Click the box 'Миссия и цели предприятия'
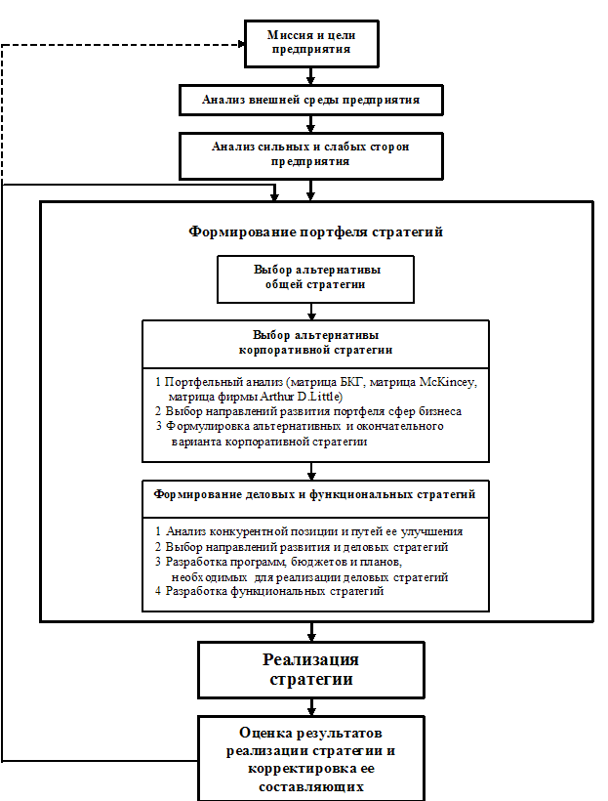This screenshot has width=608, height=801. click(310, 43)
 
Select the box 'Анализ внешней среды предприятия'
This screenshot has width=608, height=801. click(310, 100)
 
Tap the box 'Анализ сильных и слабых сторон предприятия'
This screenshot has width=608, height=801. click(310, 155)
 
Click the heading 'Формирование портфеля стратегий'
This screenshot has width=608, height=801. click(315, 232)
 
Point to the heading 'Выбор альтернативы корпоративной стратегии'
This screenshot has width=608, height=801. click(315, 342)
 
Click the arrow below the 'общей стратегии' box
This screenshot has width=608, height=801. click(311, 312)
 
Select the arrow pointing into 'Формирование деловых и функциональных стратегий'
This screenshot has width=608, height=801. click(311, 471)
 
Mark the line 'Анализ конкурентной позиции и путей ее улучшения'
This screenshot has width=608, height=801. click(313, 531)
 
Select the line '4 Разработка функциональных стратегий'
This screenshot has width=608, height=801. click(276, 591)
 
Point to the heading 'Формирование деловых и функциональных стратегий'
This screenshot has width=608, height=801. click(315, 494)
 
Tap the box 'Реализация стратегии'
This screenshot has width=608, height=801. click(310, 669)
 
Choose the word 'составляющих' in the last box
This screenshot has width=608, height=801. click(310, 786)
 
